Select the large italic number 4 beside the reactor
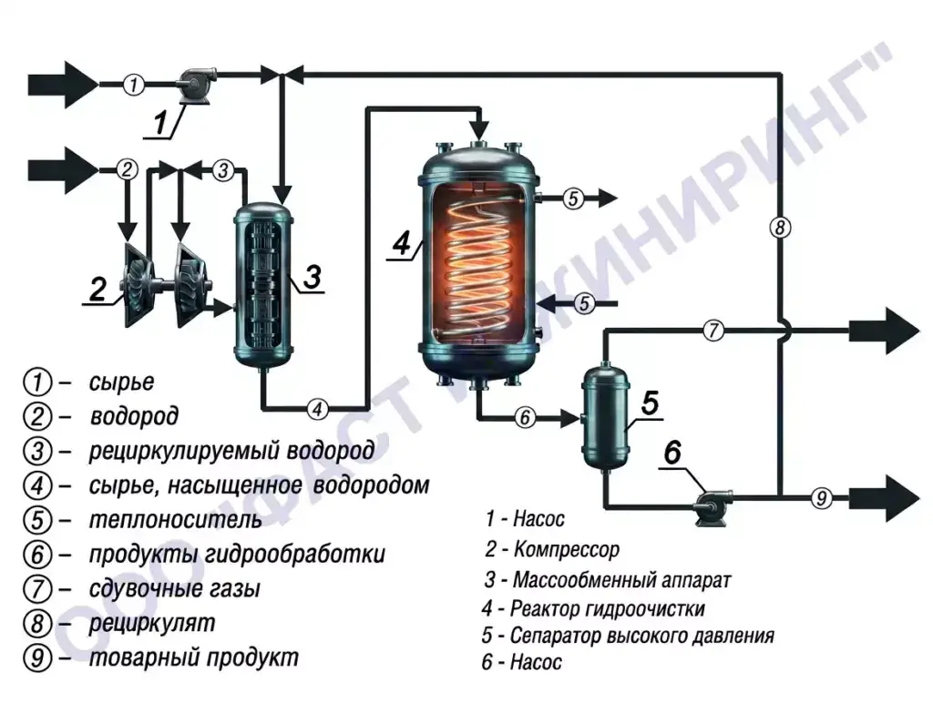point(402,243)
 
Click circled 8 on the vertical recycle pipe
point(780,227)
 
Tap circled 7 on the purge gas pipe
point(713,330)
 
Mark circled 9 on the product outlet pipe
point(822,496)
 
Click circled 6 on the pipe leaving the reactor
point(525,418)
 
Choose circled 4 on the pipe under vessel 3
point(317,409)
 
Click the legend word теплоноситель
point(176,520)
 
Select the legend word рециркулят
point(152,624)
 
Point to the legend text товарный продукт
point(194,658)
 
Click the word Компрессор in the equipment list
point(567,549)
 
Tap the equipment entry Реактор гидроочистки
point(608,608)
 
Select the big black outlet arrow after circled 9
point(885,498)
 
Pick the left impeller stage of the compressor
point(137,284)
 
